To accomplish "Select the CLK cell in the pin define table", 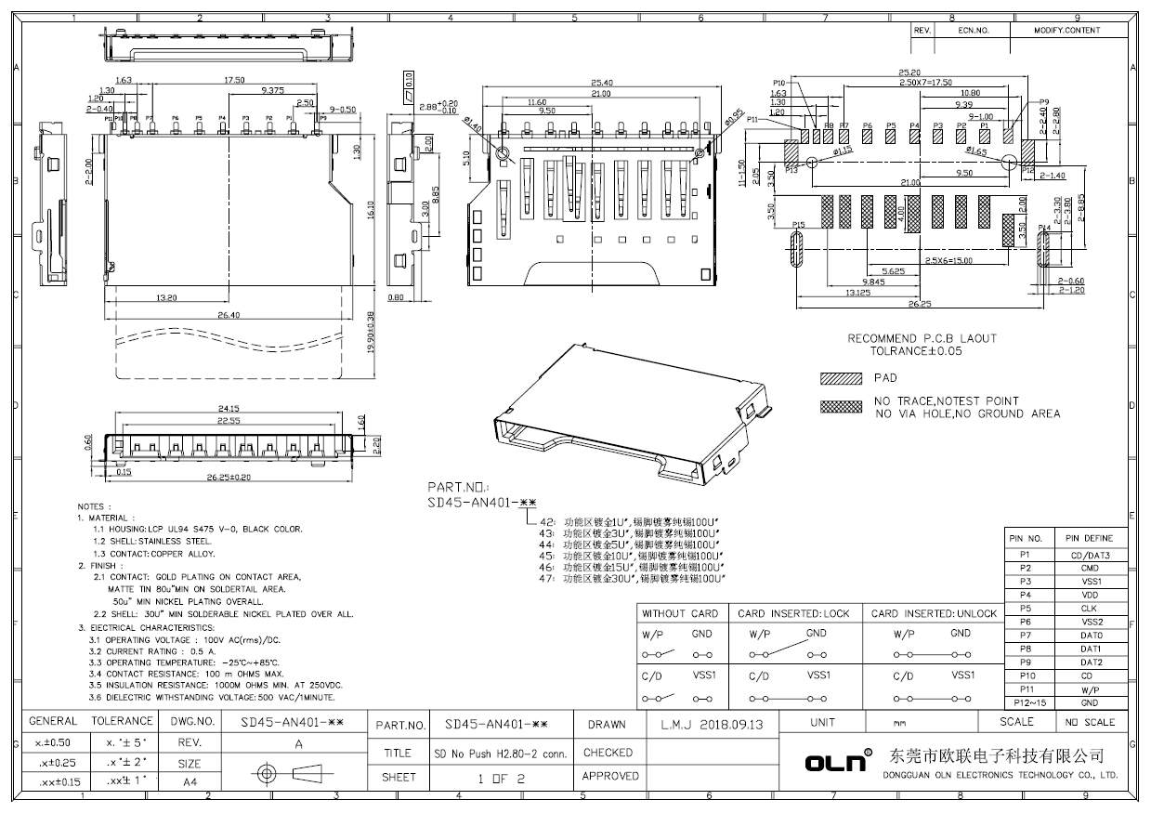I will pyautogui.click(x=1090, y=609).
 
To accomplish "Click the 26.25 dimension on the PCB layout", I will pyautogui.click(x=920, y=303).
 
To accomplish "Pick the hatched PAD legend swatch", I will pyautogui.click(x=839, y=379).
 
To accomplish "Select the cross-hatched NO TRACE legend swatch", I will pyautogui.click(x=839, y=407).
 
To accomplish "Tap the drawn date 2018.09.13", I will pyautogui.click(x=713, y=724).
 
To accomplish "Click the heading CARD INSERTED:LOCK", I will pyautogui.click(x=793, y=613).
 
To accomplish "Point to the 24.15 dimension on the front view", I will pyautogui.click(x=229, y=409).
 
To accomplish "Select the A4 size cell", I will pyautogui.click(x=190, y=782).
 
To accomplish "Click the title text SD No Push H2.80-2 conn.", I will pyautogui.click(x=501, y=754).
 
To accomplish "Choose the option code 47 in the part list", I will pyautogui.click(x=546, y=578).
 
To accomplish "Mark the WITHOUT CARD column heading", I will pyautogui.click(x=680, y=613).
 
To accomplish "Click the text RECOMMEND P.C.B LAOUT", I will pyautogui.click(x=922, y=339).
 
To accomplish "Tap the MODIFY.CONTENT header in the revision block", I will pyautogui.click(x=1067, y=31).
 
